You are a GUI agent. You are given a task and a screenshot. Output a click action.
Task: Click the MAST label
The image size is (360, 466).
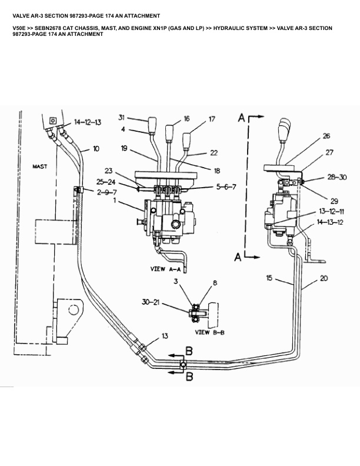[x=40, y=167]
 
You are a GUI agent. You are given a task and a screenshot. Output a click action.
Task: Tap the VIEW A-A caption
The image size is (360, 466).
[x=165, y=269]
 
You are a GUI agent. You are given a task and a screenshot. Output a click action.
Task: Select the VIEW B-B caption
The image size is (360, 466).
[x=209, y=332]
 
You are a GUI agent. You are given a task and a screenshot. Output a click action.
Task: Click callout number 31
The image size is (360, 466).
[x=122, y=118]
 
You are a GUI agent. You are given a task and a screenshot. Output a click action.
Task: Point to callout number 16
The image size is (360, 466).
[x=186, y=119]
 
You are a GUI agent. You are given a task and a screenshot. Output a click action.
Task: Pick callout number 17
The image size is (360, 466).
[x=212, y=119]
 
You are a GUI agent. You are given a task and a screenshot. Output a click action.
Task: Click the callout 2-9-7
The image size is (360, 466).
[x=107, y=192]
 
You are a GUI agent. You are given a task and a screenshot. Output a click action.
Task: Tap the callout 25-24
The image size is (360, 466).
[x=106, y=182]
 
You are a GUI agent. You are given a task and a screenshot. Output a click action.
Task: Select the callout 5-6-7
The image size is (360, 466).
[x=226, y=187]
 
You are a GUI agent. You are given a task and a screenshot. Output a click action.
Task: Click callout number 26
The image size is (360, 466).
[x=326, y=136]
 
